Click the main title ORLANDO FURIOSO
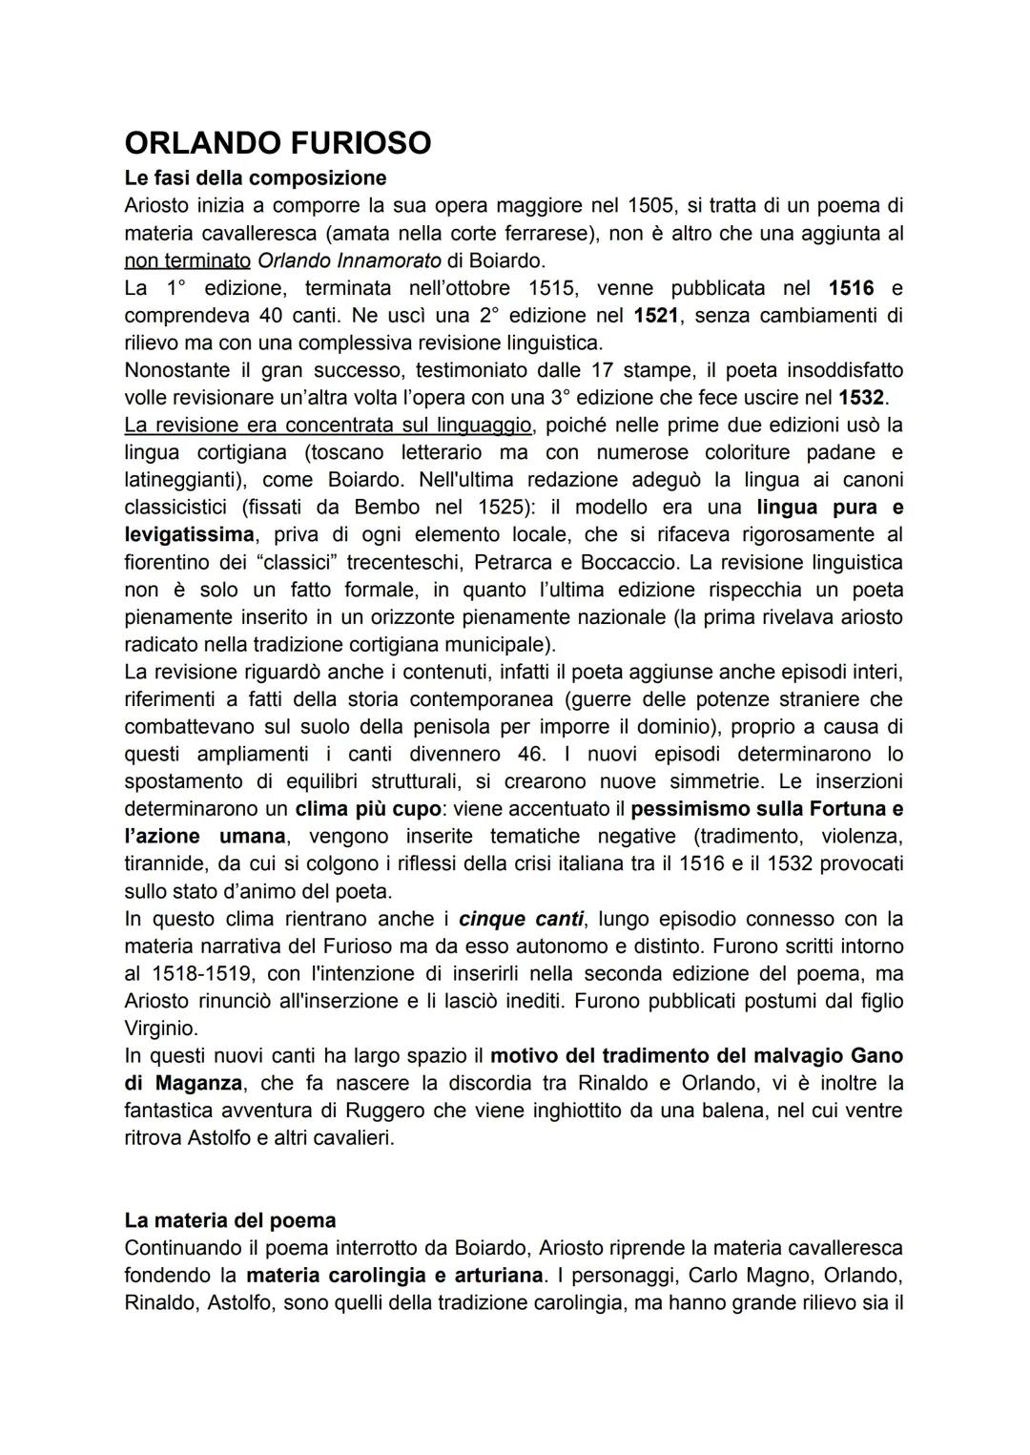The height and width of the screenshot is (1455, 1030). pos(278,143)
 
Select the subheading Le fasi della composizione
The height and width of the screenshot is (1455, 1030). pos(255,177)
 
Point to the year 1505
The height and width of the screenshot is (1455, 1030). pos(650,205)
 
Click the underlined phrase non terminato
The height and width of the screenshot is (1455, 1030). pos(187,260)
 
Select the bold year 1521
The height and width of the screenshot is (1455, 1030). pos(657,315)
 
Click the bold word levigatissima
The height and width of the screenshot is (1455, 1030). pos(189,534)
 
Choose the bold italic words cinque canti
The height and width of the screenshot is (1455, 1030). pos(520,919)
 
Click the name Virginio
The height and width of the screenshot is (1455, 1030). pos(161,1029)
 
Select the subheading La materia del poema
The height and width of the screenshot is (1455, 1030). pos(230,1220)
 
